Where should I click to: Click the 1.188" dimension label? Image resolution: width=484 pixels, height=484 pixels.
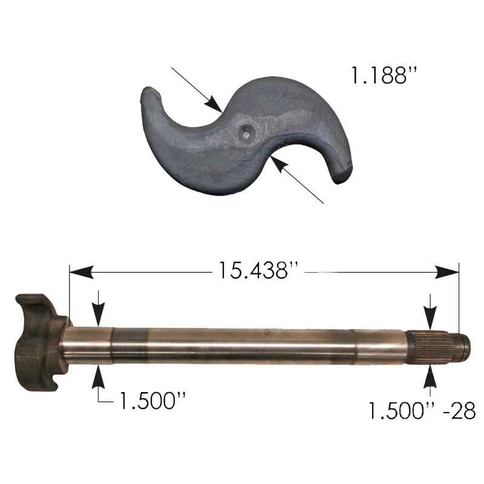384,76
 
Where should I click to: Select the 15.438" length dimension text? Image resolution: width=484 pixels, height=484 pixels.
258,270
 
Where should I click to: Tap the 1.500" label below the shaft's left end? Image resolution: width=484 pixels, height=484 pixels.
152,401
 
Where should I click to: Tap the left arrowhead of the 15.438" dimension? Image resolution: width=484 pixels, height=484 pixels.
82,272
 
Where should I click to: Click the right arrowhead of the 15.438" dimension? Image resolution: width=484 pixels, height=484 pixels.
447,272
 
